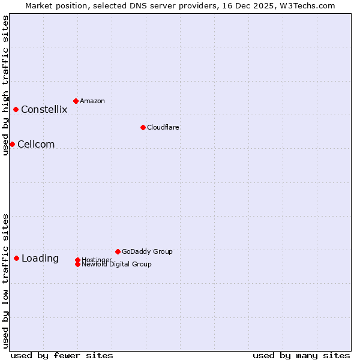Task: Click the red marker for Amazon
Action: click(x=76, y=101)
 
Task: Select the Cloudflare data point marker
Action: click(x=143, y=127)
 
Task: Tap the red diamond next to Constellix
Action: click(x=16, y=109)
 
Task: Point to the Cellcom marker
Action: click(x=12, y=144)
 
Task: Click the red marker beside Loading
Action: click(x=16, y=258)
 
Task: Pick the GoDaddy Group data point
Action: click(x=118, y=251)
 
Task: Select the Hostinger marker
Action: click(x=77, y=260)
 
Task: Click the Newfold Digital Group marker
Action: click(x=77, y=265)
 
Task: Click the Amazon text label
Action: click(x=92, y=101)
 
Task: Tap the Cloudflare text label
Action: click(x=163, y=127)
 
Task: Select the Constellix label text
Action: click(x=44, y=109)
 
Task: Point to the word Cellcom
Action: click(x=36, y=144)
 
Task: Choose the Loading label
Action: click(x=40, y=259)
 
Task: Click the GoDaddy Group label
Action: click(x=147, y=251)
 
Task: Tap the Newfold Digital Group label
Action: click(x=117, y=265)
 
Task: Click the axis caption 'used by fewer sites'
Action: click(x=62, y=355)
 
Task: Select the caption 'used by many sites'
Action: click(x=301, y=355)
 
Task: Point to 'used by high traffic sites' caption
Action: click(x=6, y=85)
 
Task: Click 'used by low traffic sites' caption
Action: click(x=6, y=281)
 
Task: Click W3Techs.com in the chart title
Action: click(x=305, y=5)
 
